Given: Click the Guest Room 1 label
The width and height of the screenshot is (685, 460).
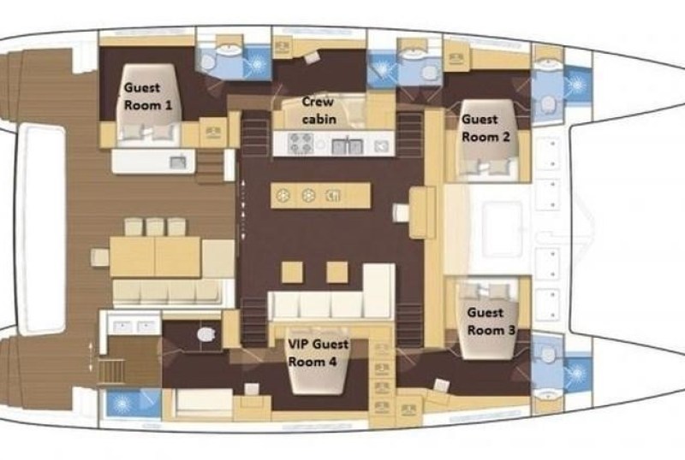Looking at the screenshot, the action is (148, 97).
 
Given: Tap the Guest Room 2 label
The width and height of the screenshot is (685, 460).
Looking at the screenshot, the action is (485, 128).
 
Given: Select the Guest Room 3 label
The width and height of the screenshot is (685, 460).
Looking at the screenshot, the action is (491, 321).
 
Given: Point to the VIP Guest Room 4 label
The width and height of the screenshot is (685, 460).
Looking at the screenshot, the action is (318, 352).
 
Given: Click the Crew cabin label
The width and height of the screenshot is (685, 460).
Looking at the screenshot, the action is (319, 110).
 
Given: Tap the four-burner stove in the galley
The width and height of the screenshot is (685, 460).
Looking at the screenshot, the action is (301, 143).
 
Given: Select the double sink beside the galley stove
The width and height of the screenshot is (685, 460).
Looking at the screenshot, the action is (348, 146).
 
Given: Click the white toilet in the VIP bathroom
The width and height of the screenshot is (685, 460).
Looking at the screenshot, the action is (205, 334).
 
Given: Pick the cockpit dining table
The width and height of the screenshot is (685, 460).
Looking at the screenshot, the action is (155, 257).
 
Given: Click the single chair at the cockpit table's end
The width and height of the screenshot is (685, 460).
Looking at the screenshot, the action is (100, 257).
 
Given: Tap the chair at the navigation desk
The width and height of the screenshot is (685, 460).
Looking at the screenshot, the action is (401, 213).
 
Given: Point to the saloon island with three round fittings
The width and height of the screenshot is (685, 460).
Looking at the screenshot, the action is (320, 196).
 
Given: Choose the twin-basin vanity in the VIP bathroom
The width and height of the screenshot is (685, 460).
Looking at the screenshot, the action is (130, 326).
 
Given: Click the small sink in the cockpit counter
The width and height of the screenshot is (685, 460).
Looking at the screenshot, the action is (178, 162).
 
